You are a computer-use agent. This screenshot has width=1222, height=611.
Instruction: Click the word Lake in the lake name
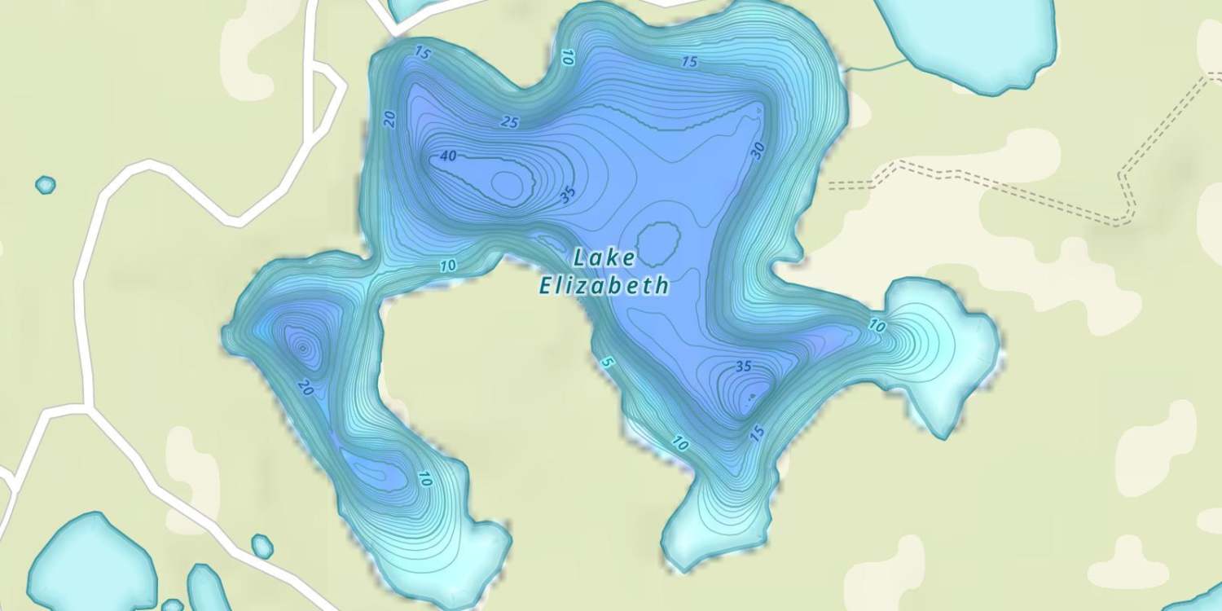point(604,258)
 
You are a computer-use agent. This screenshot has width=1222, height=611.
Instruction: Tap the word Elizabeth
point(604,285)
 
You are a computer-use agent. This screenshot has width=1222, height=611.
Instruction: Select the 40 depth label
point(448,157)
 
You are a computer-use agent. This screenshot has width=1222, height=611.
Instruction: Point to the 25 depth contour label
point(509,122)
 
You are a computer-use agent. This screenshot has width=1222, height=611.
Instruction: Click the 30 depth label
point(758,151)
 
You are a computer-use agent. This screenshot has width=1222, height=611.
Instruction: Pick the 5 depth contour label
point(604,362)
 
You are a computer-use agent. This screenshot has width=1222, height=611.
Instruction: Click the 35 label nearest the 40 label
point(568,194)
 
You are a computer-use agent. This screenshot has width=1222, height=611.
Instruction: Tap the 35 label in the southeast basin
point(743,367)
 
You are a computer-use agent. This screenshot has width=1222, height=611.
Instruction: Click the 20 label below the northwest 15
point(390,119)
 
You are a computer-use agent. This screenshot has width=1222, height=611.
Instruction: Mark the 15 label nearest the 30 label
point(689,62)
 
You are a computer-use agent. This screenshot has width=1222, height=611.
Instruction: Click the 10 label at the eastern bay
point(877,326)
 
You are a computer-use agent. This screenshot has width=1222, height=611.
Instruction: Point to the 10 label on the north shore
point(568,57)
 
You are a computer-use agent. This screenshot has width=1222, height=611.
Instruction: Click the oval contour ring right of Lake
point(658,242)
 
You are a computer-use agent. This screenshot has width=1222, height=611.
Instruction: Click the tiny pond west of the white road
point(46,185)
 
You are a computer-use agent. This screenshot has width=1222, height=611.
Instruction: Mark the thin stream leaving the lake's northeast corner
point(877,65)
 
